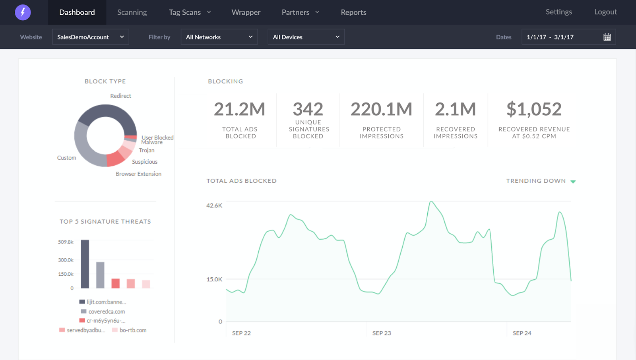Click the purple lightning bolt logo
23,12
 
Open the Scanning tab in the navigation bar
132,12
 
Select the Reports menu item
353,12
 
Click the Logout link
606,12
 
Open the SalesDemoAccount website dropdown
91,37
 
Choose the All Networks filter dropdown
219,37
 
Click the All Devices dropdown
306,37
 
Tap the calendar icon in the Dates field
607,37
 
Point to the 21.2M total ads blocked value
240,109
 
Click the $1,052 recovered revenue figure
534,109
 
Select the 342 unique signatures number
308,109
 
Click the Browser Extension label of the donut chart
139,174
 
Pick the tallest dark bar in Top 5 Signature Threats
85,264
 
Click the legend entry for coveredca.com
103,312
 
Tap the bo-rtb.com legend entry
130,330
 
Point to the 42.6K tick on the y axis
214,205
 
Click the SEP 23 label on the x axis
382,333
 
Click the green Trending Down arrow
573,182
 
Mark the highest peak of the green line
431,201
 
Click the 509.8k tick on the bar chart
66,242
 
